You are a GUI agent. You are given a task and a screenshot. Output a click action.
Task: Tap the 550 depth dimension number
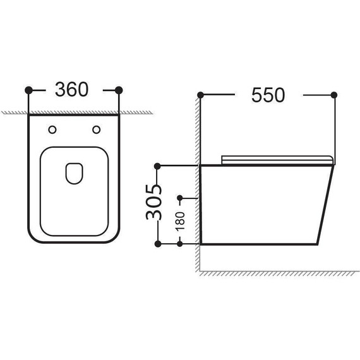coord(268,95)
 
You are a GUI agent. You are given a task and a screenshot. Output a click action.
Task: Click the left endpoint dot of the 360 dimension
coord(28,90)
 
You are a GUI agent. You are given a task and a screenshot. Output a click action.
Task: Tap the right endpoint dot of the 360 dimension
coord(119,90)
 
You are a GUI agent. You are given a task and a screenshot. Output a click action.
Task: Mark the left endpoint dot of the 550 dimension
coord(200,95)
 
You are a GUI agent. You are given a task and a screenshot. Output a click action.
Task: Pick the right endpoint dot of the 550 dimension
coord(334,95)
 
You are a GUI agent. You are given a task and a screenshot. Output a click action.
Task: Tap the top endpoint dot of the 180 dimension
coord(181,198)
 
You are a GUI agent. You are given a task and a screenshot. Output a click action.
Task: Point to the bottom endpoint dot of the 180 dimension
coord(181,244)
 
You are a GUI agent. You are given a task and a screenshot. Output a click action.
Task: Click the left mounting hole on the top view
coord(52,130)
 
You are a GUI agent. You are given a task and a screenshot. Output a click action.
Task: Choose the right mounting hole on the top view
coord(96,130)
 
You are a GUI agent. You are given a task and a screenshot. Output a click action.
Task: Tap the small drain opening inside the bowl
coord(74,172)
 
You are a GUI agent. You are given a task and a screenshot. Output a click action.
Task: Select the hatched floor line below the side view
coord(278,272)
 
